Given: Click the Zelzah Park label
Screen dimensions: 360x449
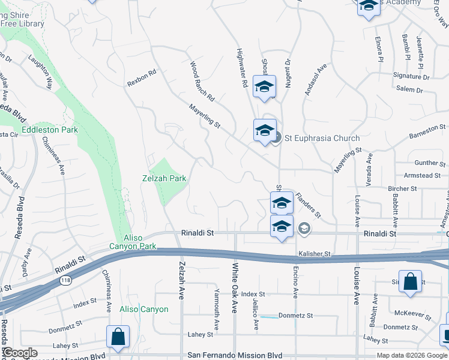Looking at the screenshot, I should click(164, 178).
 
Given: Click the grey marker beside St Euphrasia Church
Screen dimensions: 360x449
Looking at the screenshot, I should click(276, 138).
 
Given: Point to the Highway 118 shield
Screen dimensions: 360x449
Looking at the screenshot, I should click(64, 281).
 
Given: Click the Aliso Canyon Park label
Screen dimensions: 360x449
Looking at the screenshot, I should click(133, 242).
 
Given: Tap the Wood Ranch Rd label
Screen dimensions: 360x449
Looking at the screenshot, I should click(202, 79).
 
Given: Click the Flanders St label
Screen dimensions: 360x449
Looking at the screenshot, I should click(309, 205).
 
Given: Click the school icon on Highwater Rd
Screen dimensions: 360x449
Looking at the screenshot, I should click(264, 88).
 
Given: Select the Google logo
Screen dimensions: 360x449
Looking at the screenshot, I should click(20, 353).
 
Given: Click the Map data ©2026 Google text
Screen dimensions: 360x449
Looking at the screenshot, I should click(412, 355).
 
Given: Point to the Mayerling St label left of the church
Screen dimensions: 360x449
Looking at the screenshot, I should click(205, 116).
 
